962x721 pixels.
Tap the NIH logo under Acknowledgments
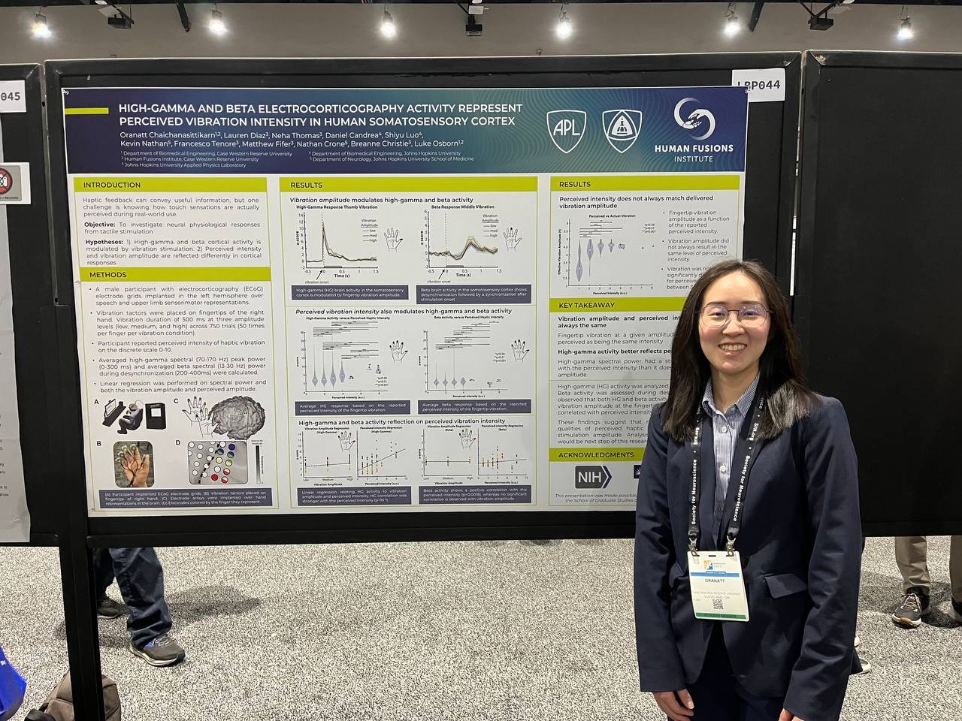593,476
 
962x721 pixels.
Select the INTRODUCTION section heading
112,185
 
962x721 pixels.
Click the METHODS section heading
105,275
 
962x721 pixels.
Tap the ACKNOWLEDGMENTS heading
596,454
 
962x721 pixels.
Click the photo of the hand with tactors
133,463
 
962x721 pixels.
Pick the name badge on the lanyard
718,585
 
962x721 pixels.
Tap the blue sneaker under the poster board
158,650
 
